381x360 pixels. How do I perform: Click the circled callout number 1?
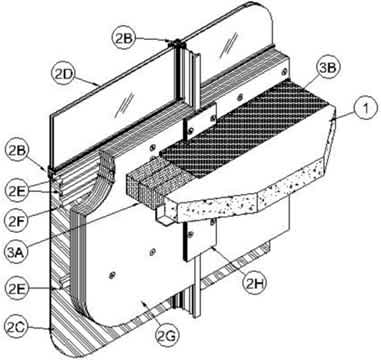click(x=366, y=109)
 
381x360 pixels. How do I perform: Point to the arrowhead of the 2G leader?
click(x=143, y=302)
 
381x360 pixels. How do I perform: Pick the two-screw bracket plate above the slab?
click(x=200, y=122)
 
